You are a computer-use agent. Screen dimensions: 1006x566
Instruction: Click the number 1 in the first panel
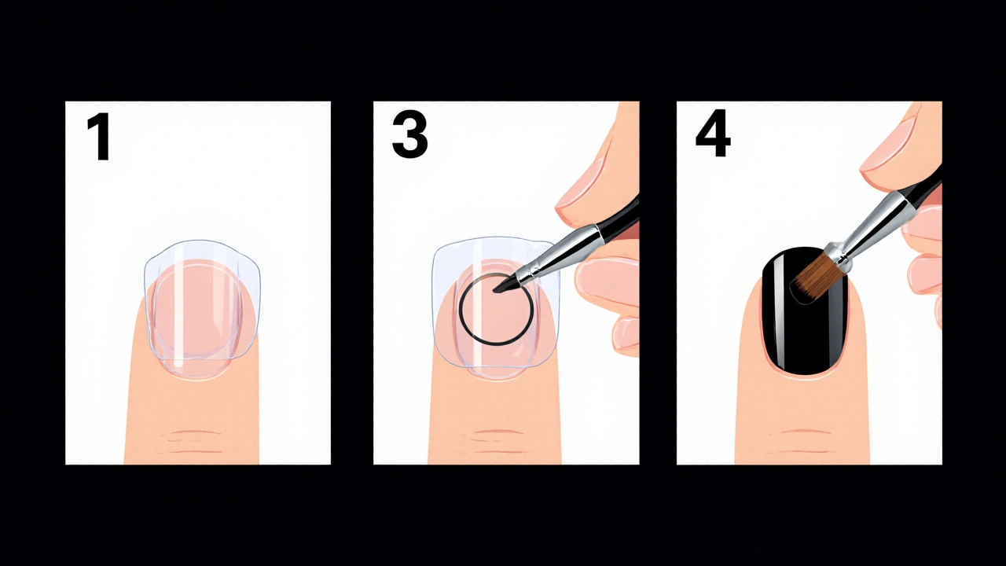(x=100, y=137)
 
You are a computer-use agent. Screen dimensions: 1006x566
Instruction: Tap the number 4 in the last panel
(x=713, y=136)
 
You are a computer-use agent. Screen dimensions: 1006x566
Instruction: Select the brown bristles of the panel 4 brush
(x=810, y=281)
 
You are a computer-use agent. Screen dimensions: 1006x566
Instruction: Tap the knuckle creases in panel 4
(x=802, y=442)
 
